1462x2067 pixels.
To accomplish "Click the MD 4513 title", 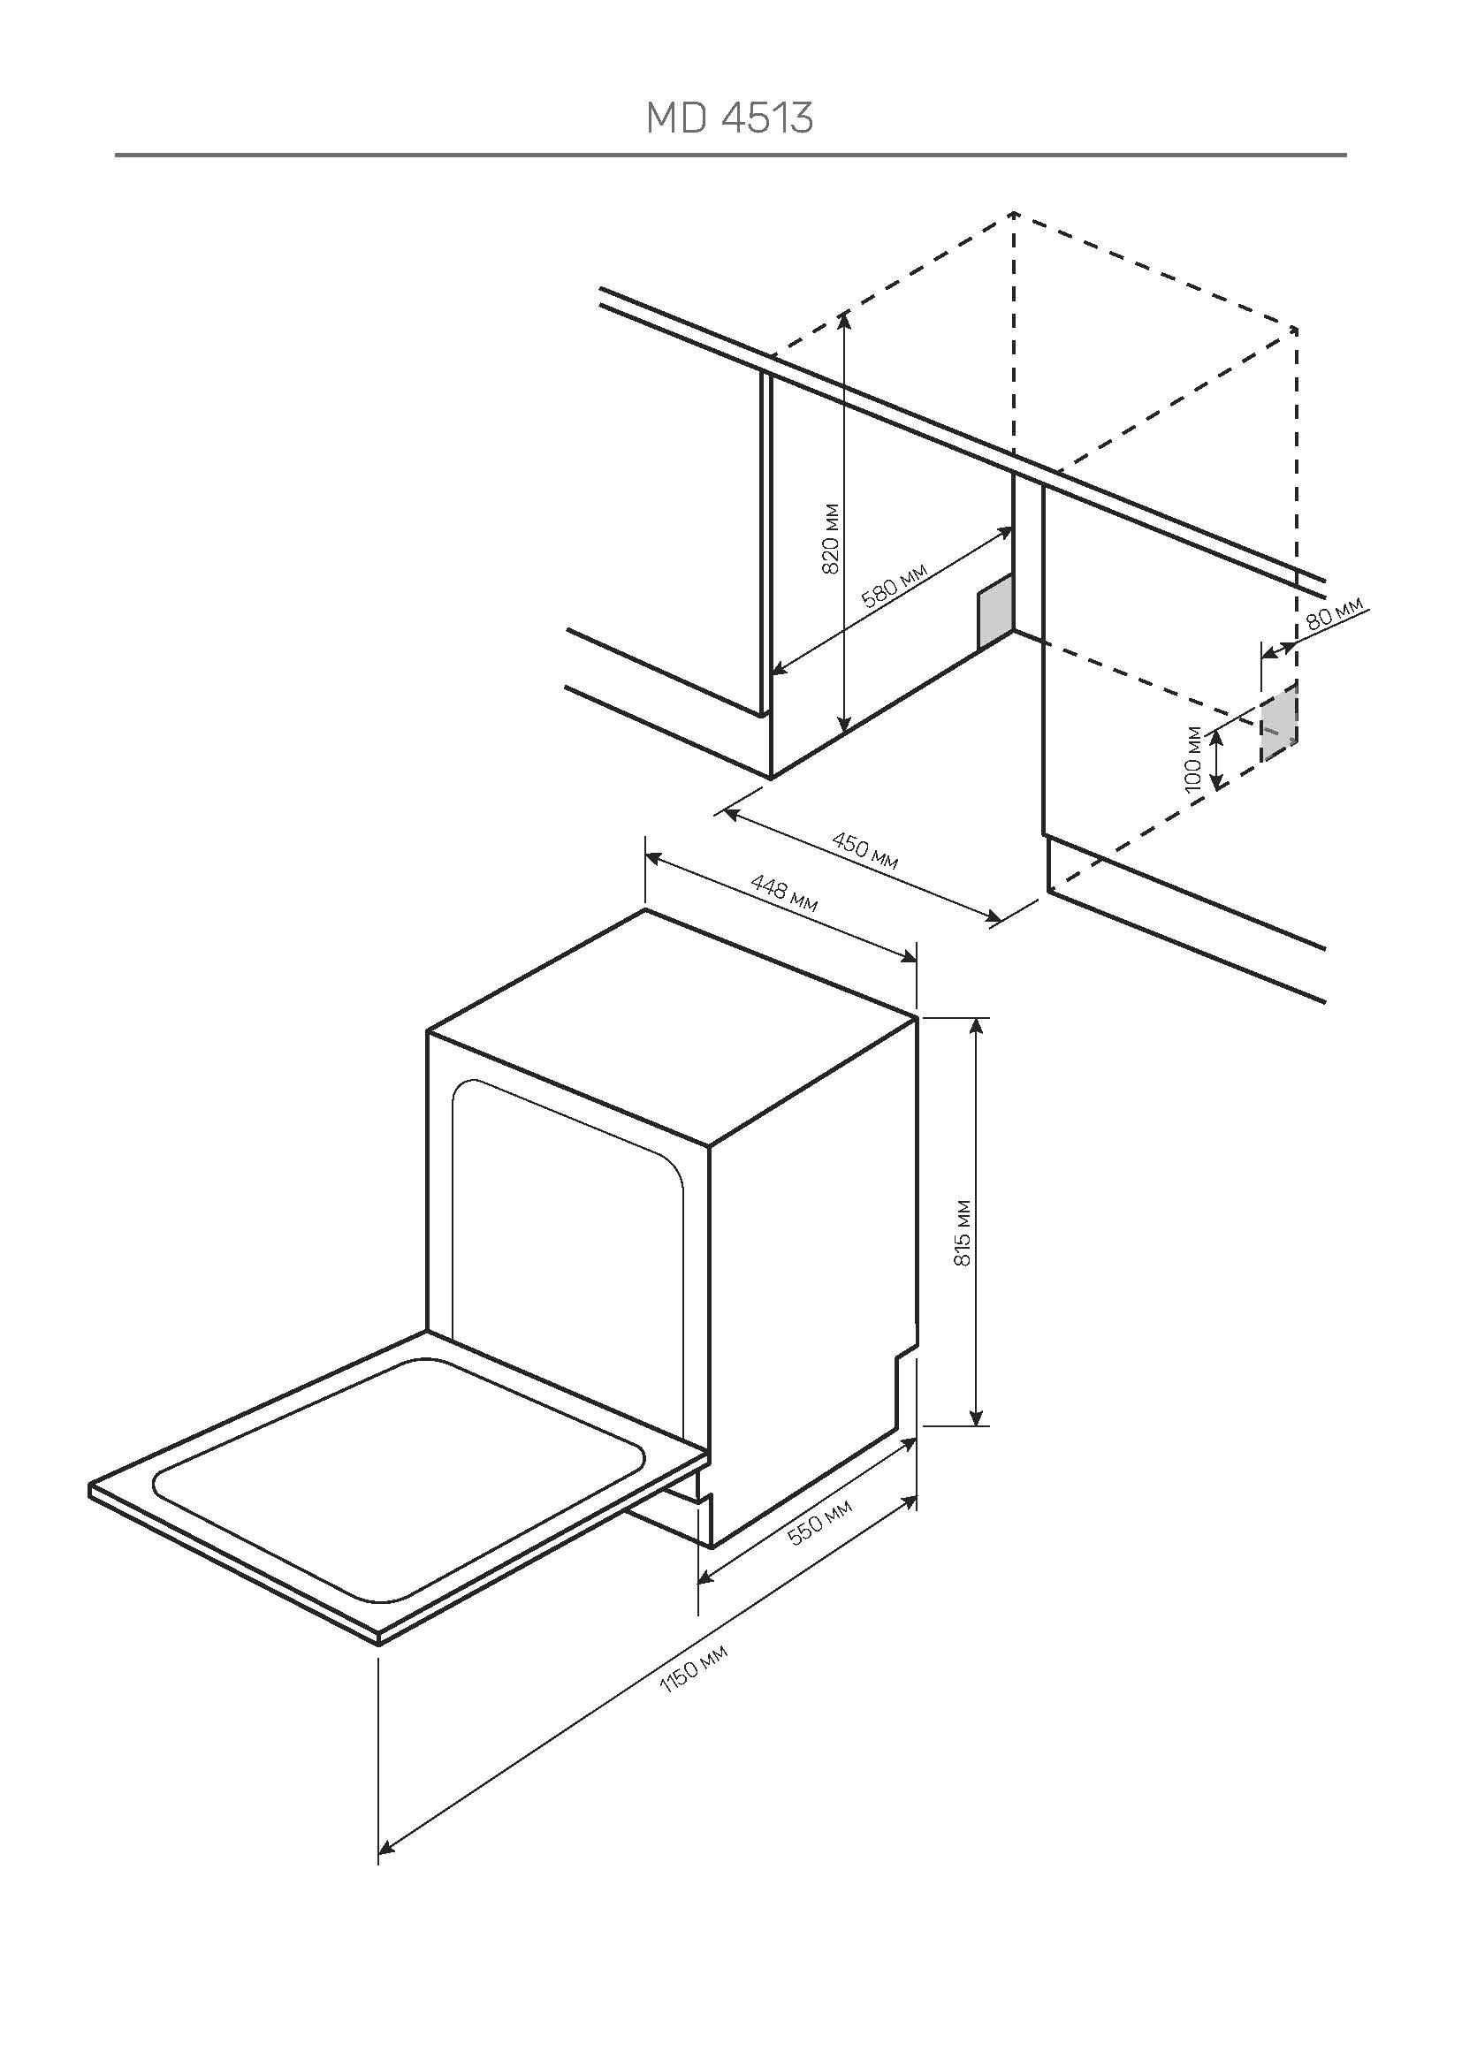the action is pos(730,118).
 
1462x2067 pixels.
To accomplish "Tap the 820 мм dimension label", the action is pos(832,537).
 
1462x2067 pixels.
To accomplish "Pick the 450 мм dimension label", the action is pos(864,851).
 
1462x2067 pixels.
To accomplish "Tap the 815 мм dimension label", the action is pos(963,1234).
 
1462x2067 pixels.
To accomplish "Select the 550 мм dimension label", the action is pos(819,1522).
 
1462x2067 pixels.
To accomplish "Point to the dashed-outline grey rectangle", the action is pos(1279,721).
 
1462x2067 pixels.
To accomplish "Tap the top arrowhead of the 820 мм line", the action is pos(843,317).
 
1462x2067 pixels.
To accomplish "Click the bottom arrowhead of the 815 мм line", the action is pos(976,1417).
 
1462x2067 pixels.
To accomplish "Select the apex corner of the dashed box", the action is pos(1014,213).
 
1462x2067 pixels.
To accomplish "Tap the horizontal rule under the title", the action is pos(730,156).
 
